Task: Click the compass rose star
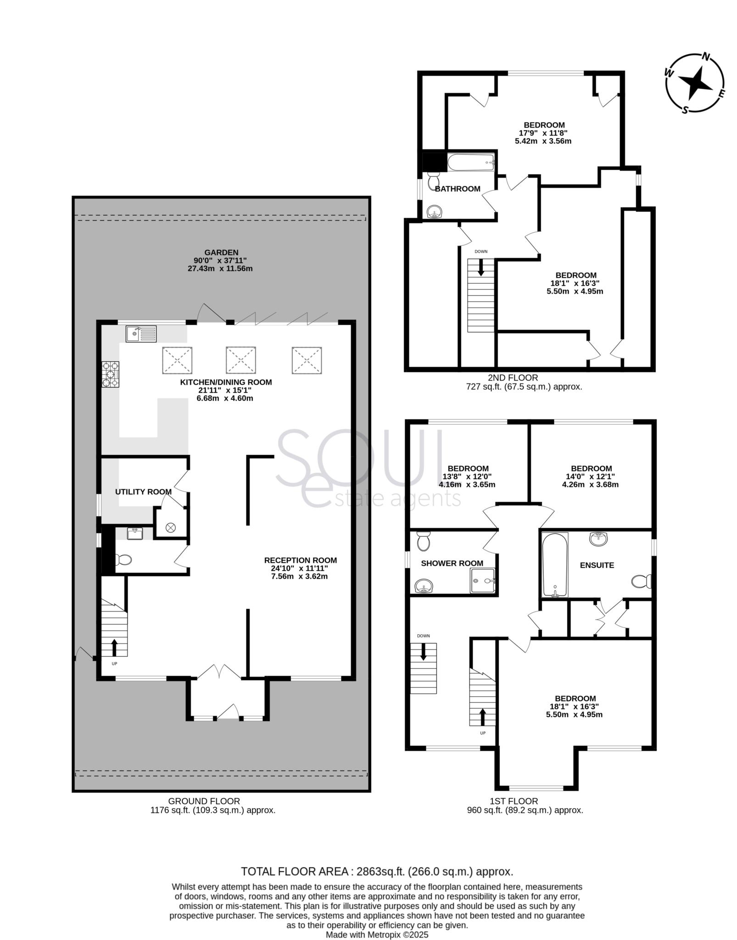695,83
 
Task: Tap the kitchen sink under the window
141,334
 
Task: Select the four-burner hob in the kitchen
111,375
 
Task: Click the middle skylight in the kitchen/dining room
240,360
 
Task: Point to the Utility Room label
143,492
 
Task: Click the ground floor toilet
123,560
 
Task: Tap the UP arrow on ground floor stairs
114,647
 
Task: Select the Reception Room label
300,560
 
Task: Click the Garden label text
221,252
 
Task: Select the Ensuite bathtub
555,565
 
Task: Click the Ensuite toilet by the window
641,582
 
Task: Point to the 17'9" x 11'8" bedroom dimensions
544,133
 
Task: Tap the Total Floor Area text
377,871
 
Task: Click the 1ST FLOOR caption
514,801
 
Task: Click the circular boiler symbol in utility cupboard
171,528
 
